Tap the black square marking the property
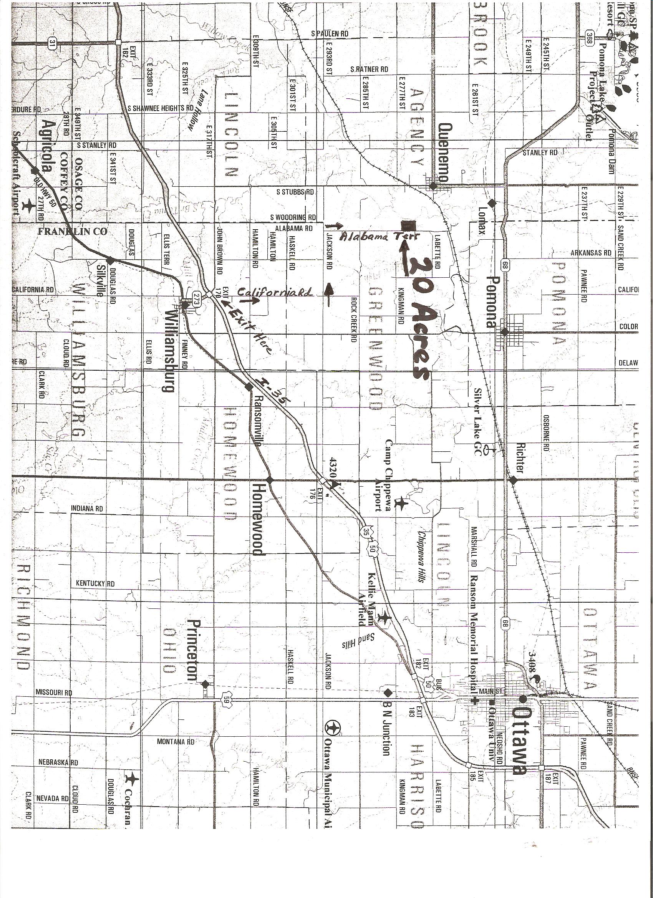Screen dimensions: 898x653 point(407,225)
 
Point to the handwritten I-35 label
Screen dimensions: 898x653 point(273,391)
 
